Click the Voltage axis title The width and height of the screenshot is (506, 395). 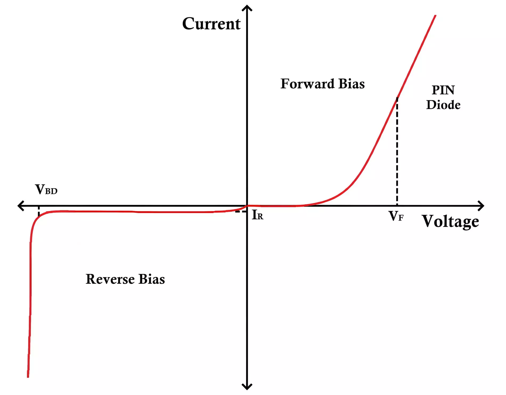450,221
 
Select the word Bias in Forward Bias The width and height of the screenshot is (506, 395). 352,84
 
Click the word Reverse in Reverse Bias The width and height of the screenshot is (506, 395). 110,279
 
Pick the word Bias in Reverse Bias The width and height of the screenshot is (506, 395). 152,279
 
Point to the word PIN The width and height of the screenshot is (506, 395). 443,90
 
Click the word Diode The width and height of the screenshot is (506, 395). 443,105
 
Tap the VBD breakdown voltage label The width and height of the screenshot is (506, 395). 46,190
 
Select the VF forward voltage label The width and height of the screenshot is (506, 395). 396,216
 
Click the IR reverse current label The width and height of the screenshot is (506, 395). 258,215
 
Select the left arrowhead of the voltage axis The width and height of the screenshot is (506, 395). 21,206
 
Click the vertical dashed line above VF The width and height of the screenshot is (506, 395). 397,152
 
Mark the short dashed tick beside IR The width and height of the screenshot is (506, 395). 241,212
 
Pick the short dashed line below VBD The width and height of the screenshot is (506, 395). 39,212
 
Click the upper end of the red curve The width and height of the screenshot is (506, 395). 435,15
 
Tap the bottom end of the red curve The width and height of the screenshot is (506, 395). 28,377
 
